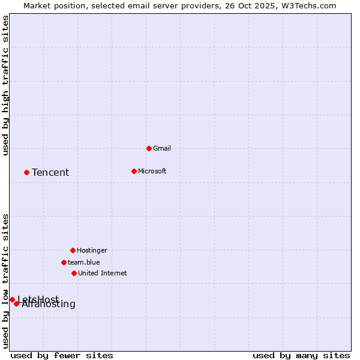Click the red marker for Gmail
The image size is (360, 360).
click(x=149, y=148)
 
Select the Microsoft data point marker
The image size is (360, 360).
click(x=134, y=171)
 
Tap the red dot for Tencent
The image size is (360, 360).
click(x=26, y=172)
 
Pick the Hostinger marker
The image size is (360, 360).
click(x=73, y=250)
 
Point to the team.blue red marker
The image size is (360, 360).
click(x=64, y=262)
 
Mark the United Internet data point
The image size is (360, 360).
click(x=74, y=273)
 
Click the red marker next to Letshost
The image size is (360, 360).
click(x=12, y=299)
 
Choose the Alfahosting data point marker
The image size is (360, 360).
click(x=16, y=304)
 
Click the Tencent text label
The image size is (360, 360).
click(x=50, y=173)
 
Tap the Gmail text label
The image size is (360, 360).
click(x=162, y=148)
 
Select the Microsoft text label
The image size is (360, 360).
click(x=152, y=171)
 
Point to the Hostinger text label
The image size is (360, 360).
click(x=92, y=250)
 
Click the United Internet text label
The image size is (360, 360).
click(x=102, y=273)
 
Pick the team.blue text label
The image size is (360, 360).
click(x=83, y=262)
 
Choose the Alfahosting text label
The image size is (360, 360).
click(x=49, y=304)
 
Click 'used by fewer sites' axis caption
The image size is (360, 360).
click(x=62, y=355)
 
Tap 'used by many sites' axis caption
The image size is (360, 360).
click(x=301, y=355)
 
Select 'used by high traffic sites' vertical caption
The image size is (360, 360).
click(x=6, y=85)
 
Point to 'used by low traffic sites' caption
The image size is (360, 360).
click(x=6, y=281)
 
